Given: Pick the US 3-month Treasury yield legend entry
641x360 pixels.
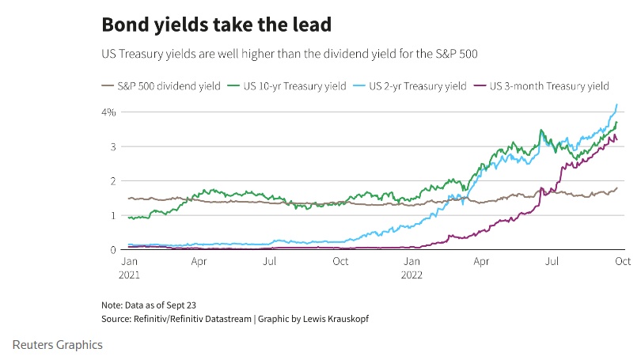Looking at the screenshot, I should point(541,86).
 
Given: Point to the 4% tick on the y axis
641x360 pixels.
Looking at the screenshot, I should point(108,112).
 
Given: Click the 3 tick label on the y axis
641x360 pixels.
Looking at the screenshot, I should point(112,146).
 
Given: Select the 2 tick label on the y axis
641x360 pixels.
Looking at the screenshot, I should point(112,181).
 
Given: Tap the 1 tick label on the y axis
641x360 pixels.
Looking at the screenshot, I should point(112,215).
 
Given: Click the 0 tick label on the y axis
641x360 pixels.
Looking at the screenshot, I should point(112,249).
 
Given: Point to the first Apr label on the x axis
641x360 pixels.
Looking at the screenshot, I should point(199,260).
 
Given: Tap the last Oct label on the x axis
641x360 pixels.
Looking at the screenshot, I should point(622,260).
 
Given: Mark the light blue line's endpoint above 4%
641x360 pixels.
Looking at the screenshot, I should point(617,104).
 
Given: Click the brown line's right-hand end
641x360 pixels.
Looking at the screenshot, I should point(617,188).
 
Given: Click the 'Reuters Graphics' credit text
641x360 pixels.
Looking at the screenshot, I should point(58,345).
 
